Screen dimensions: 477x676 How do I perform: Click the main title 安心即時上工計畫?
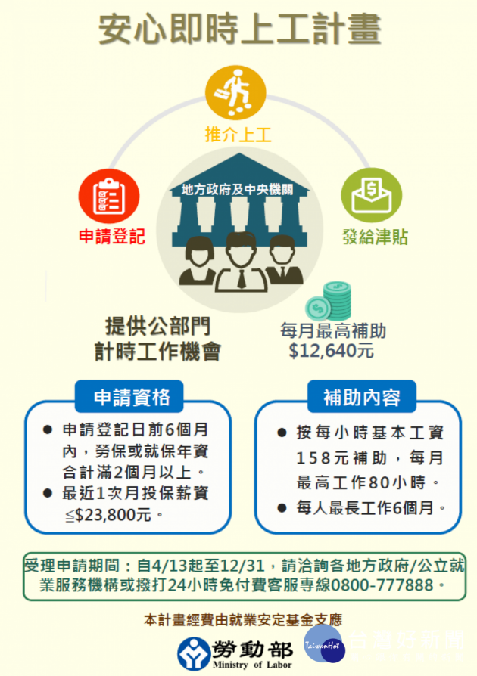click(240, 29)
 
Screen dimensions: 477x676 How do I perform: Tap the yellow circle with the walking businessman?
click(235, 92)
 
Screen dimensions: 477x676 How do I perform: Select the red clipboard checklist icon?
click(109, 196)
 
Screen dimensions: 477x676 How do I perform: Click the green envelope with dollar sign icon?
click(371, 195)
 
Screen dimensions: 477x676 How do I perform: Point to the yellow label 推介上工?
click(238, 135)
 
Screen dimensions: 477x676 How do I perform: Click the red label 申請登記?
click(112, 236)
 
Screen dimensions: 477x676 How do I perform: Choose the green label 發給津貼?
click(375, 237)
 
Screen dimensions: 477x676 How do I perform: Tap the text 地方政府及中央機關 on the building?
click(238, 189)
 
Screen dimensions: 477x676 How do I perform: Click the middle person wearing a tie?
click(242, 262)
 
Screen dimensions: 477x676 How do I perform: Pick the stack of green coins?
click(329, 301)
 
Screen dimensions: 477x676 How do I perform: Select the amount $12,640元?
click(331, 351)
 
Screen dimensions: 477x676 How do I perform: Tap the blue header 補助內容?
click(362, 397)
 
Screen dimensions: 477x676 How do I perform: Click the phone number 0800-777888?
click(382, 585)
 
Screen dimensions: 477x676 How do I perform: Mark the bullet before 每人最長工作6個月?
click(282, 508)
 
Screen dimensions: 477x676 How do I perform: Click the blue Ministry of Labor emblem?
click(193, 653)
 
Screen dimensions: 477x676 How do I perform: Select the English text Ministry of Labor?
click(252, 665)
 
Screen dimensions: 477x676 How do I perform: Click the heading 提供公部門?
click(158, 326)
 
